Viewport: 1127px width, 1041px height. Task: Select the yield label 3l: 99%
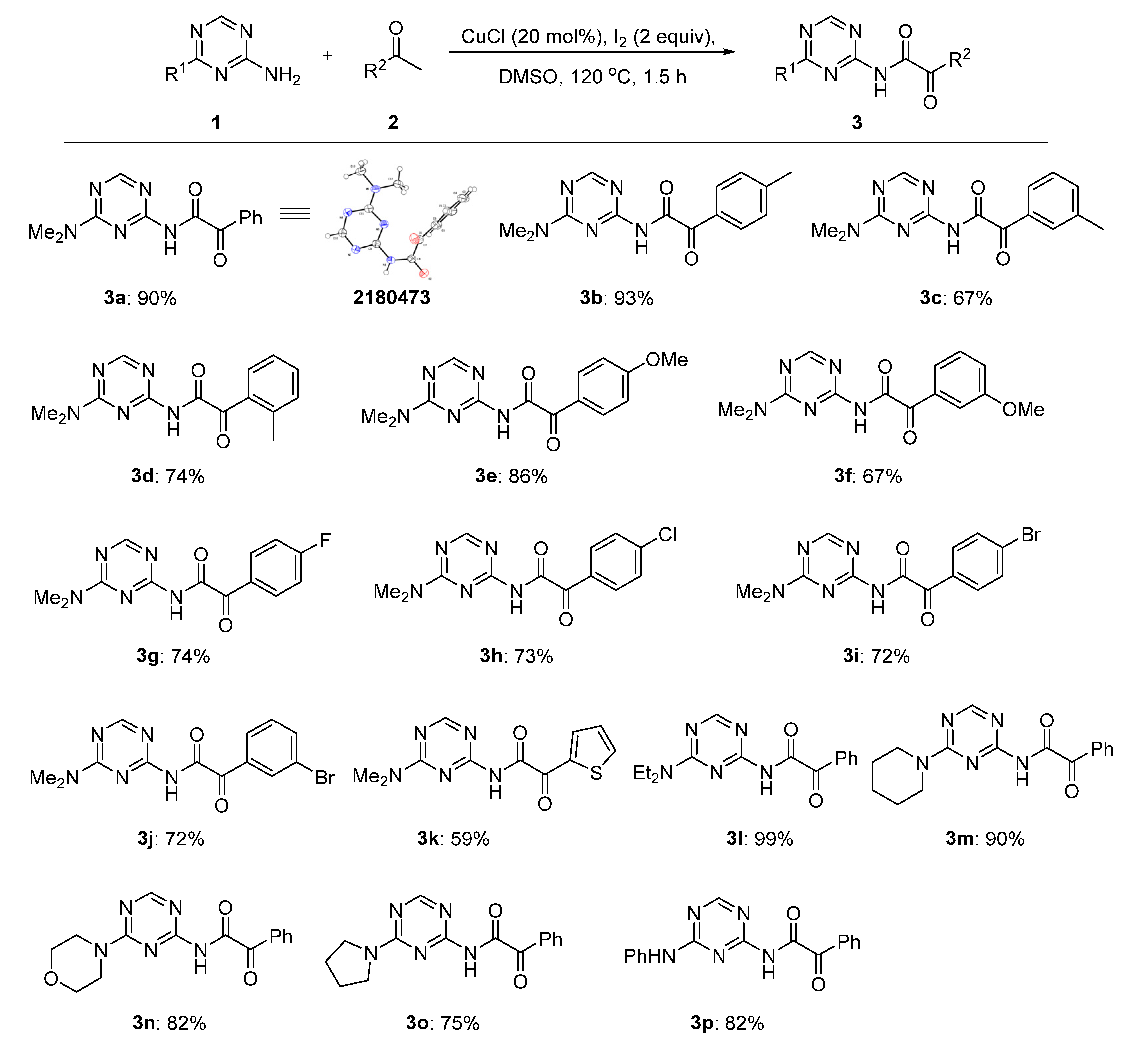(x=760, y=839)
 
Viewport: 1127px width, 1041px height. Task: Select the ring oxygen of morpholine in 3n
(x=51, y=980)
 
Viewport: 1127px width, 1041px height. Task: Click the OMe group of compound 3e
(x=667, y=359)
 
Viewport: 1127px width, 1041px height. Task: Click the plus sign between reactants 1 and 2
(x=327, y=56)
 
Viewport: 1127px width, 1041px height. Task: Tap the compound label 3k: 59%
(x=453, y=839)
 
